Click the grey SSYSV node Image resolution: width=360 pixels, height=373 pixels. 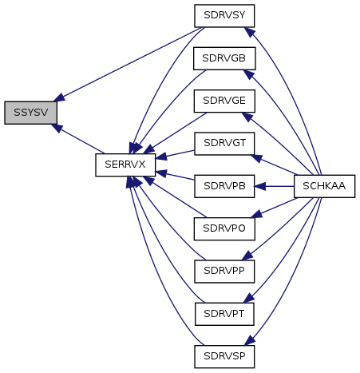(30, 113)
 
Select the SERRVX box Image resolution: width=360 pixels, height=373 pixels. (125, 165)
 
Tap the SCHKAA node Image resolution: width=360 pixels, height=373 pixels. (324, 186)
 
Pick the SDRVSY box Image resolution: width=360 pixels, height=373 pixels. (224, 16)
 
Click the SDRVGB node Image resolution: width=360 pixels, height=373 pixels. (224, 58)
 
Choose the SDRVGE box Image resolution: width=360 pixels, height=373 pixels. (224, 101)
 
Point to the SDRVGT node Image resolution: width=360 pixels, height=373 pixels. (224, 144)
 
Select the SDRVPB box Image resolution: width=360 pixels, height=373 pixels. (224, 186)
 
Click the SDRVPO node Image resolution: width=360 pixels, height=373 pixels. (224, 228)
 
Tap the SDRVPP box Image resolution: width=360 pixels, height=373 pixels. (224, 272)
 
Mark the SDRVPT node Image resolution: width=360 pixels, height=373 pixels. (224, 314)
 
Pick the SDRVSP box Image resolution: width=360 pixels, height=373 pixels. (224, 356)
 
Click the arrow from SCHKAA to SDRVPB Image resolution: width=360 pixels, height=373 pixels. (275, 186)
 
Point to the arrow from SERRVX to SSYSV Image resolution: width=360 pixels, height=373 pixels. (78, 138)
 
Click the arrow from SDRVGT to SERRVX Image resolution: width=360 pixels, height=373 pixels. (175, 154)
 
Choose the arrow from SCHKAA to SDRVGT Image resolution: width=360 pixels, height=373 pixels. (275, 165)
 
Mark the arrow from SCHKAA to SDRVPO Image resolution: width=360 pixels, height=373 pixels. (275, 208)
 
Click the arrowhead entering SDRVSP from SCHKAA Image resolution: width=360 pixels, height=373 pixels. (250, 340)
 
